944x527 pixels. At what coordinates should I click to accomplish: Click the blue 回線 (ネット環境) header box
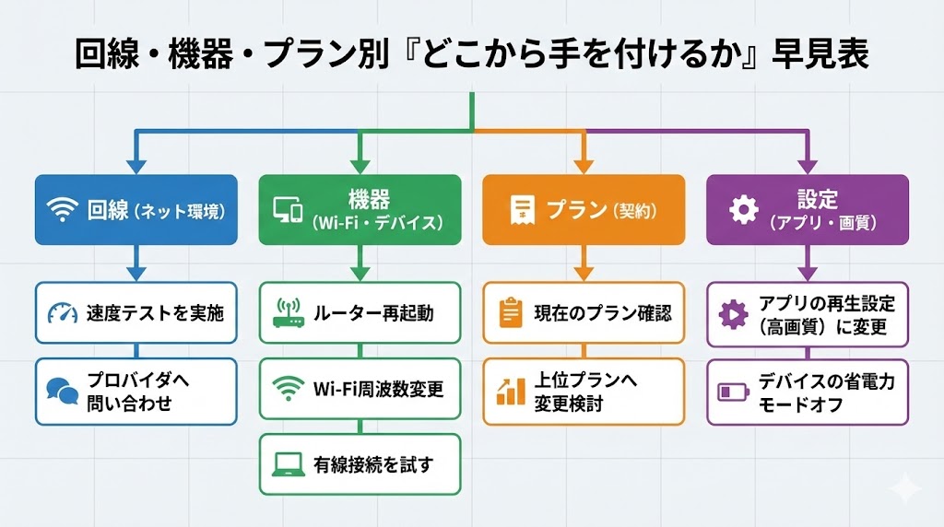pos(136,210)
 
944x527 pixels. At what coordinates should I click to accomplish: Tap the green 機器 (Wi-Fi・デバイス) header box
pos(360,210)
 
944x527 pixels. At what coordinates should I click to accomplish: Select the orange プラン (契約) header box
pos(584,210)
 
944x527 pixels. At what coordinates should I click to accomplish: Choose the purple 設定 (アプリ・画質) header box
pos(808,210)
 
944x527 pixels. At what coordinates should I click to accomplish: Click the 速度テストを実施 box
pos(136,313)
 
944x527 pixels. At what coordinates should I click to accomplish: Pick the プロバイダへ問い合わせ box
pos(136,392)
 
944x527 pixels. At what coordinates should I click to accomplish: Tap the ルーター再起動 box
pos(360,313)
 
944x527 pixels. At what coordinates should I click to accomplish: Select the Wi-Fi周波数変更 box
pos(360,389)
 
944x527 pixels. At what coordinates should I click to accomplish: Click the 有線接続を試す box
pos(360,464)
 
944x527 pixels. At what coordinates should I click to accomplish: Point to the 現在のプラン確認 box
pos(584,313)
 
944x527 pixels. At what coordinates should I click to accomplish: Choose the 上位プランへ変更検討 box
pos(584,392)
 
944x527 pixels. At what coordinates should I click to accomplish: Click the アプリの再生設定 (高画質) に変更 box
pos(808,313)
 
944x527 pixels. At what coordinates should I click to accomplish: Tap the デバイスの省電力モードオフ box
pos(808,392)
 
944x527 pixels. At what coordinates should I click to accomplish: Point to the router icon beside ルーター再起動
pos(289,314)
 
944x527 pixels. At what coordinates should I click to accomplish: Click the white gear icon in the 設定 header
pos(743,210)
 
